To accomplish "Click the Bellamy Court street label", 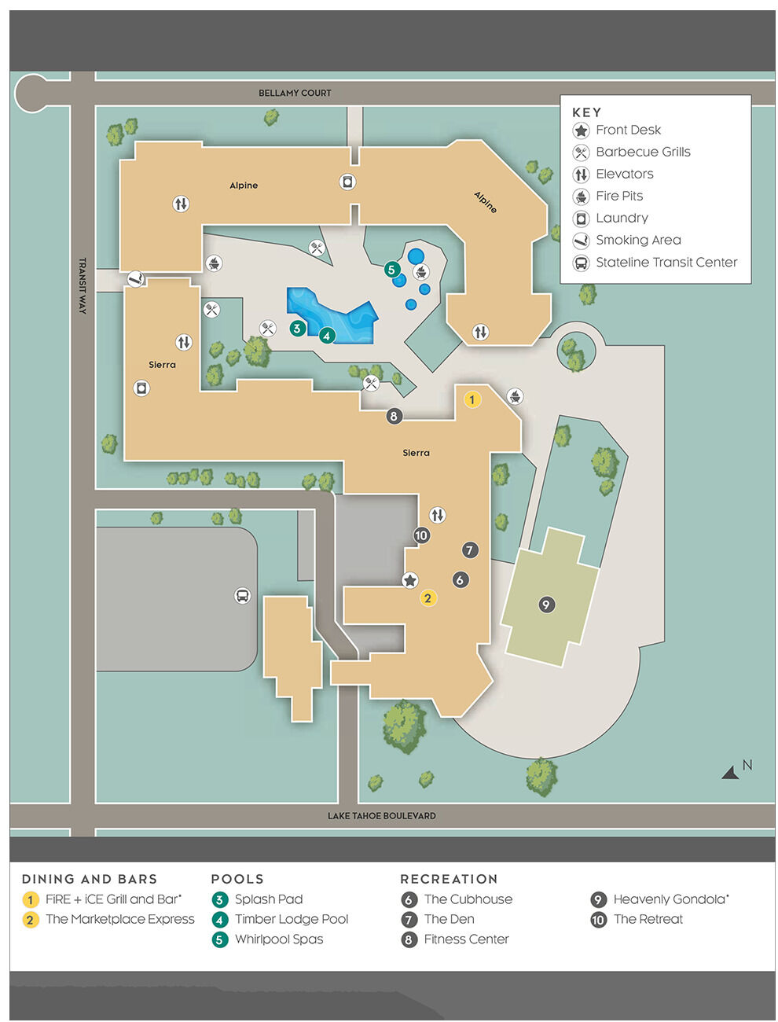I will pos(295,93).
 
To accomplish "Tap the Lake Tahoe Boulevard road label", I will pos(381,816).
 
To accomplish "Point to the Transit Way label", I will pos(83,285).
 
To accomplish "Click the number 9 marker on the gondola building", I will pos(546,605).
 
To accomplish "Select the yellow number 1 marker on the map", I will pos(472,399).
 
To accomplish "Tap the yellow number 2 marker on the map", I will pos(428,598).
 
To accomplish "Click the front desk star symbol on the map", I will pos(409,580).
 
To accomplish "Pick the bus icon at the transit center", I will pos(242,596).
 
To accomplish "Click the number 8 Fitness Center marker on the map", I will pos(394,416).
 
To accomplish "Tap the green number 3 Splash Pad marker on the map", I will pos(297,328).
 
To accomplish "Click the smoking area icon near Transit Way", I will pos(136,278).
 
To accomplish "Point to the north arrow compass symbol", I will pos(732,772).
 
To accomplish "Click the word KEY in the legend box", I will pos(586,112).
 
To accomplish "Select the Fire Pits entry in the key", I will pos(619,196).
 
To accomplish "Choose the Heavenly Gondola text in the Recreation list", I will pos(670,899).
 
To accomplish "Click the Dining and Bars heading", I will pos(90,879).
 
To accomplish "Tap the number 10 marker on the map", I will pos(421,535).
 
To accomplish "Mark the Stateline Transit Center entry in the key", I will pos(666,262).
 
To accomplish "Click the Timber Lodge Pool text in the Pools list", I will pos(291,919).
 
